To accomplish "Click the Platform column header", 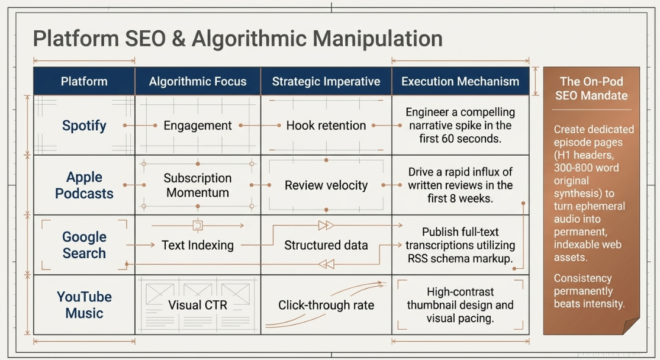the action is click(x=84, y=81).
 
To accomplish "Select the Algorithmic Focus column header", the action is click(x=198, y=81).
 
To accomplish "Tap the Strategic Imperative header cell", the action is click(x=326, y=81).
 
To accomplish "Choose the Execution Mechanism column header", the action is click(x=460, y=81).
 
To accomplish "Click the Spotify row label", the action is click(x=84, y=126).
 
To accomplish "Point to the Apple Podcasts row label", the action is click(x=84, y=185).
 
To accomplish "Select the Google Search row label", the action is click(x=84, y=245).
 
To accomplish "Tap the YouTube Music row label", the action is click(x=84, y=305).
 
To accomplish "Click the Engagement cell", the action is click(x=198, y=126).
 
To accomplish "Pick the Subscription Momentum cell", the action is click(x=198, y=185).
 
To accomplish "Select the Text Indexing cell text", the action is click(x=198, y=245).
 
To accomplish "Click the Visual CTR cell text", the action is click(x=198, y=305).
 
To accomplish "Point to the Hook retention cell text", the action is click(x=326, y=126).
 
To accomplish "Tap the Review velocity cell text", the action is click(x=326, y=185).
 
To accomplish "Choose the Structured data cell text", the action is click(x=326, y=245).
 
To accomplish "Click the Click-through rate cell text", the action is click(x=326, y=305).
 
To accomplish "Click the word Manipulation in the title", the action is click(x=378, y=38).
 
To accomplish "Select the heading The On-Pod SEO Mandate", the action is click(x=591, y=88).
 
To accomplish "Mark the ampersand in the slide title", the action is click(x=179, y=38).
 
